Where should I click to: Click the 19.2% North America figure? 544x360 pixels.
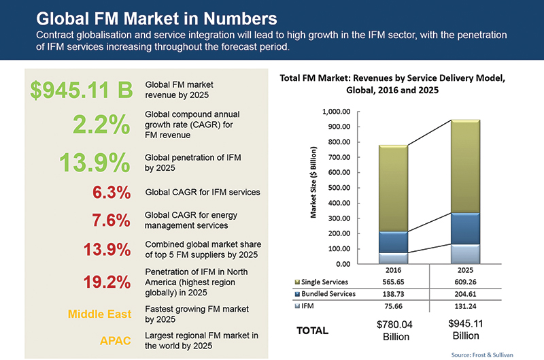tap(106, 281)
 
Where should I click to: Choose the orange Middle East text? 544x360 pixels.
tap(99, 314)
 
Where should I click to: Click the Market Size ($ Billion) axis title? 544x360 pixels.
tap(314, 182)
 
